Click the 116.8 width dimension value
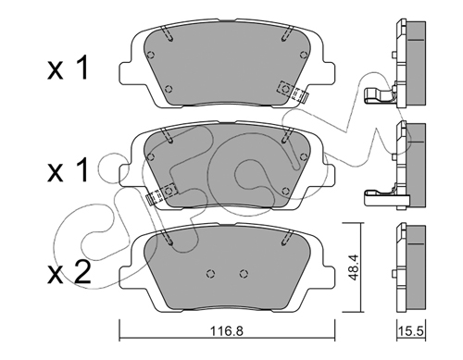pyautogui.click(x=227, y=331)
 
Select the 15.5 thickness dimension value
pyautogui.click(x=411, y=331)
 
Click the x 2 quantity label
pyautogui.click(x=69, y=272)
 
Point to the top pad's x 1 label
pyautogui.click(x=69, y=68)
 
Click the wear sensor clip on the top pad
pyautogui.click(x=293, y=92)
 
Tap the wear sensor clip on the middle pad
pyautogui.click(x=160, y=192)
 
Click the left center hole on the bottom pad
pyautogui.click(x=211, y=273)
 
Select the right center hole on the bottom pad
pyautogui.click(x=244, y=273)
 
